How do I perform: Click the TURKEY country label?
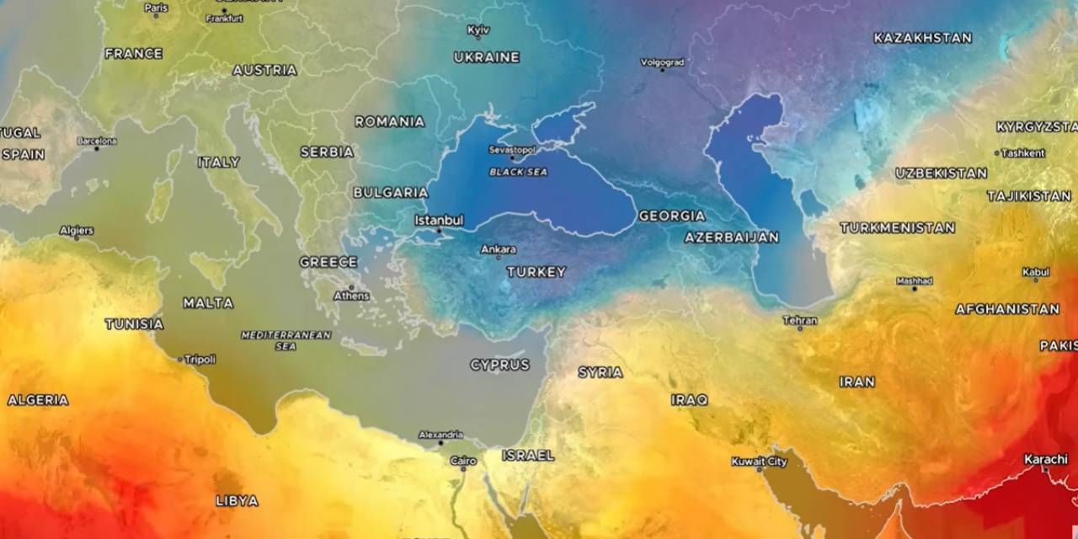pyautogui.click(x=536, y=272)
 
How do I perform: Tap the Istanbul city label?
pyautogui.click(x=439, y=220)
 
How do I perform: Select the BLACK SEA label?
pyautogui.click(x=519, y=172)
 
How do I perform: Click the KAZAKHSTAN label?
pyautogui.click(x=922, y=38)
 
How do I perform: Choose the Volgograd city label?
pyautogui.click(x=662, y=61)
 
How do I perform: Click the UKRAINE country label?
pyautogui.click(x=487, y=57)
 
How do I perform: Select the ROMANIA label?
pyautogui.click(x=389, y=121)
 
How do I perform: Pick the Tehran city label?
pyautogui.click(x=800, y=320)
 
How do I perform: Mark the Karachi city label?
pyautogui.click(x=1046, y=459)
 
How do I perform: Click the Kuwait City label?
pyautogui.click(x=759, y=462)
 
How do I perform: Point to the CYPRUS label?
pyautogui.click(x=500, y=365)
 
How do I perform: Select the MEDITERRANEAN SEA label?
pyautogui.click(x=286, y=340)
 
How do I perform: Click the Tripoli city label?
pyautogui.click(x=200, y=359)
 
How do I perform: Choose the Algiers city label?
pyautogui.click(x=77, y=230)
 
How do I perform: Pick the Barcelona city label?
pyautogui.click(x=97, y=141)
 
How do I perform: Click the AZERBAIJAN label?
pyautogui.click(x=732, y=237)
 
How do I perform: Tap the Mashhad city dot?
pyautogui.click(x=915, y=289)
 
